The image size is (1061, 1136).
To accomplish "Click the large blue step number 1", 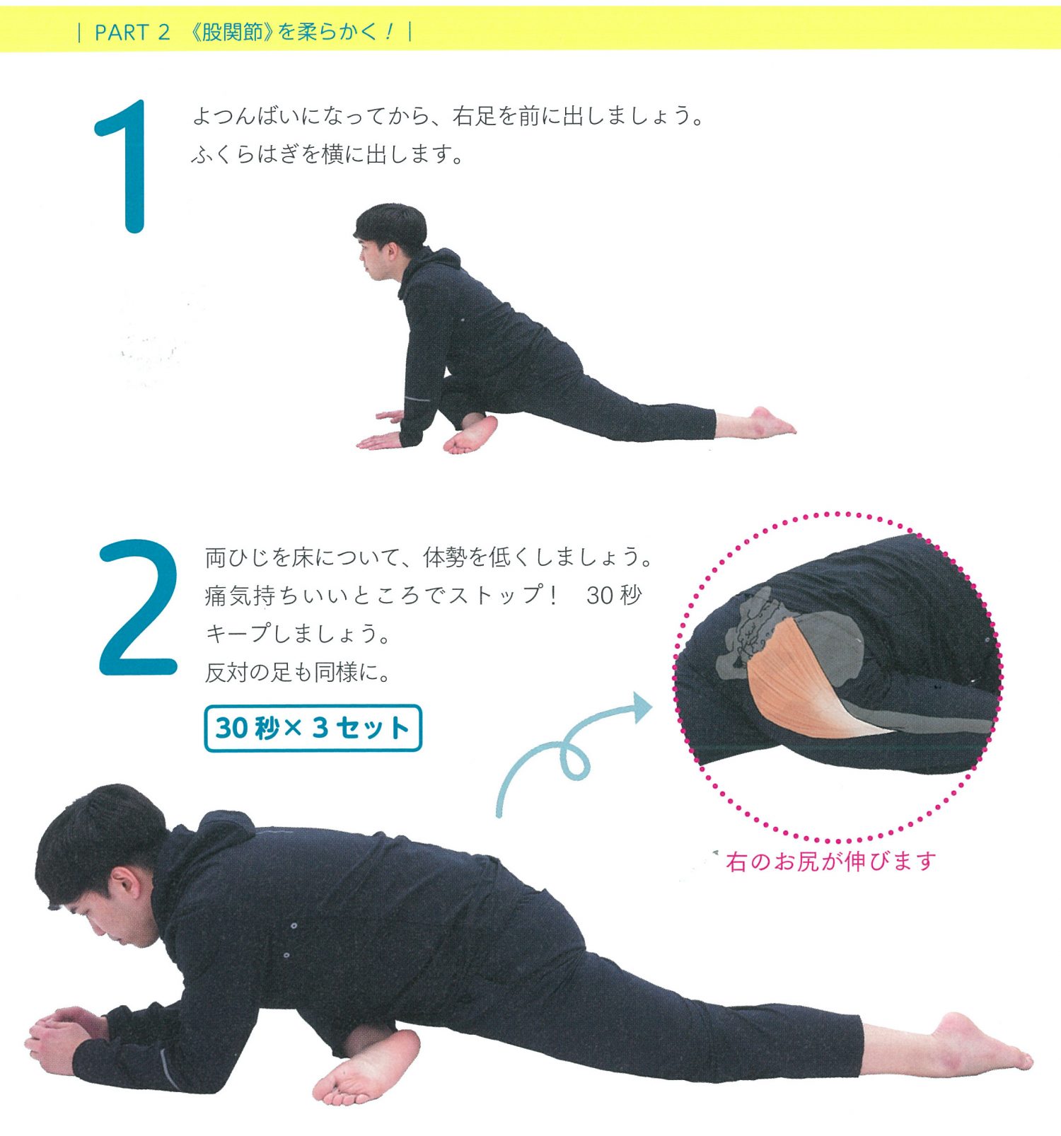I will click(125, 166).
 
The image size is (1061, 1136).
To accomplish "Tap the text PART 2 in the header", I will click(132, 33).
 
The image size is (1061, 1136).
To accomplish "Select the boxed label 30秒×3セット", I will click(313, 728).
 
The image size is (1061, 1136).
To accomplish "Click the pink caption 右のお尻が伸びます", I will click(830, 861).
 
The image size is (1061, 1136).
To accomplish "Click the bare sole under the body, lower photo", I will click(361, 1068).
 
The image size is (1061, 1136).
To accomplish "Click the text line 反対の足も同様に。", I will click(298, 671).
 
